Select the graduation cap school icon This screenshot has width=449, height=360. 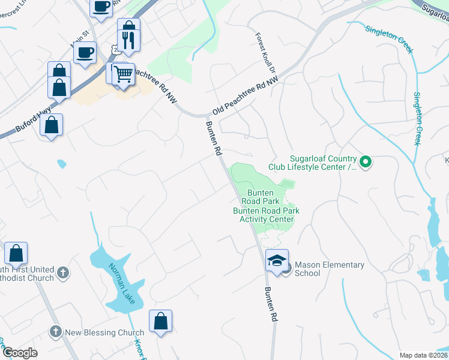point(277,260)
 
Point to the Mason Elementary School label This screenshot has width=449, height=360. point(329,269)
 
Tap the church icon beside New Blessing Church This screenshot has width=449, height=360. point(55,331)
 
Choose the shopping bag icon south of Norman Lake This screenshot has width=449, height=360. point(161,321)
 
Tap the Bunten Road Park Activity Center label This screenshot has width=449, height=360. point(266,215)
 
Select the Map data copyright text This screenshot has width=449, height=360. point(423,355)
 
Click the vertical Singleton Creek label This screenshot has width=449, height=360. point(418,118)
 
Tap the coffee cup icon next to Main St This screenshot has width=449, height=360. point(85,52)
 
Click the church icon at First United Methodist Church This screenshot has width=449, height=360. point(63,274)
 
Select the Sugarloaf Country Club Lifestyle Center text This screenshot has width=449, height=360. point(324,163)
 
